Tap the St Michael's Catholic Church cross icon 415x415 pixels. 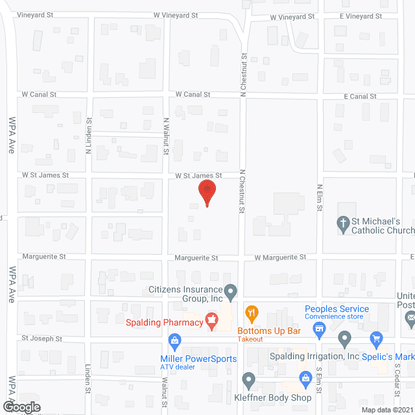[344, 224]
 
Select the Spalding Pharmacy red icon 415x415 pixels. [211, 318]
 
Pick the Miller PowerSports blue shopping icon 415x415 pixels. [174, 340]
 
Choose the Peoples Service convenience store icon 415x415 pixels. [319, 329]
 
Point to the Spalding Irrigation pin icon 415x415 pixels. [345, 338]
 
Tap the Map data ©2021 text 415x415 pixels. [386, 409]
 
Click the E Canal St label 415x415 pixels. [359, 96]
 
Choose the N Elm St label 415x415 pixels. [320, 198]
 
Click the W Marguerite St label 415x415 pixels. [279, 257]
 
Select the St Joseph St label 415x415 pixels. [41, 338]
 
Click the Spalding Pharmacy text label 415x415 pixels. [160, 320]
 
